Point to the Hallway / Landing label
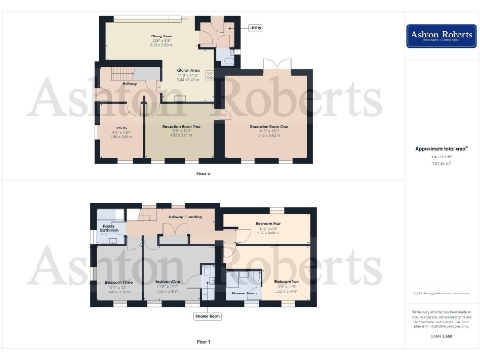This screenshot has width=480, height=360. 182,217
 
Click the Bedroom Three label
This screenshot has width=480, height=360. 116,278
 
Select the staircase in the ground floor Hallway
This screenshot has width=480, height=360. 116,75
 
